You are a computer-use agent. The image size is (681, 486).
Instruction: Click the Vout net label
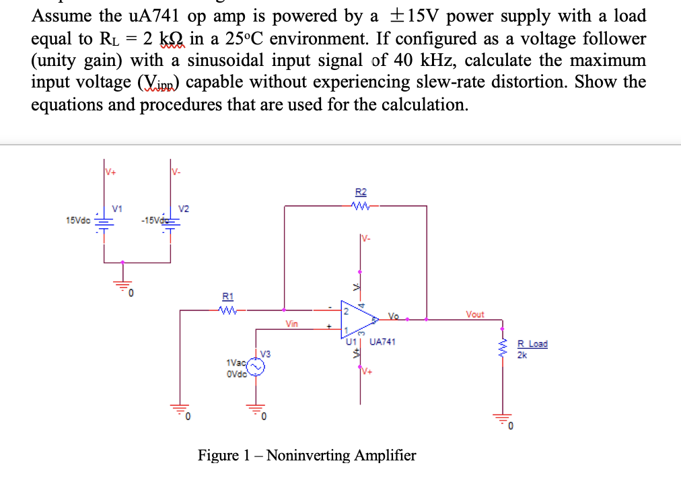pos(474,314)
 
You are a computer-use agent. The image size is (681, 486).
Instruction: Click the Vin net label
pos(291,324)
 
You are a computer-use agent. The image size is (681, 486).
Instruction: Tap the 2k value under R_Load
pos(522,355)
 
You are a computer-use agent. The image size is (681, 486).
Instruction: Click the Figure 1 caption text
pos(306,456)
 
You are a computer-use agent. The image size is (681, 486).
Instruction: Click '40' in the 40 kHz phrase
pos(404,60)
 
